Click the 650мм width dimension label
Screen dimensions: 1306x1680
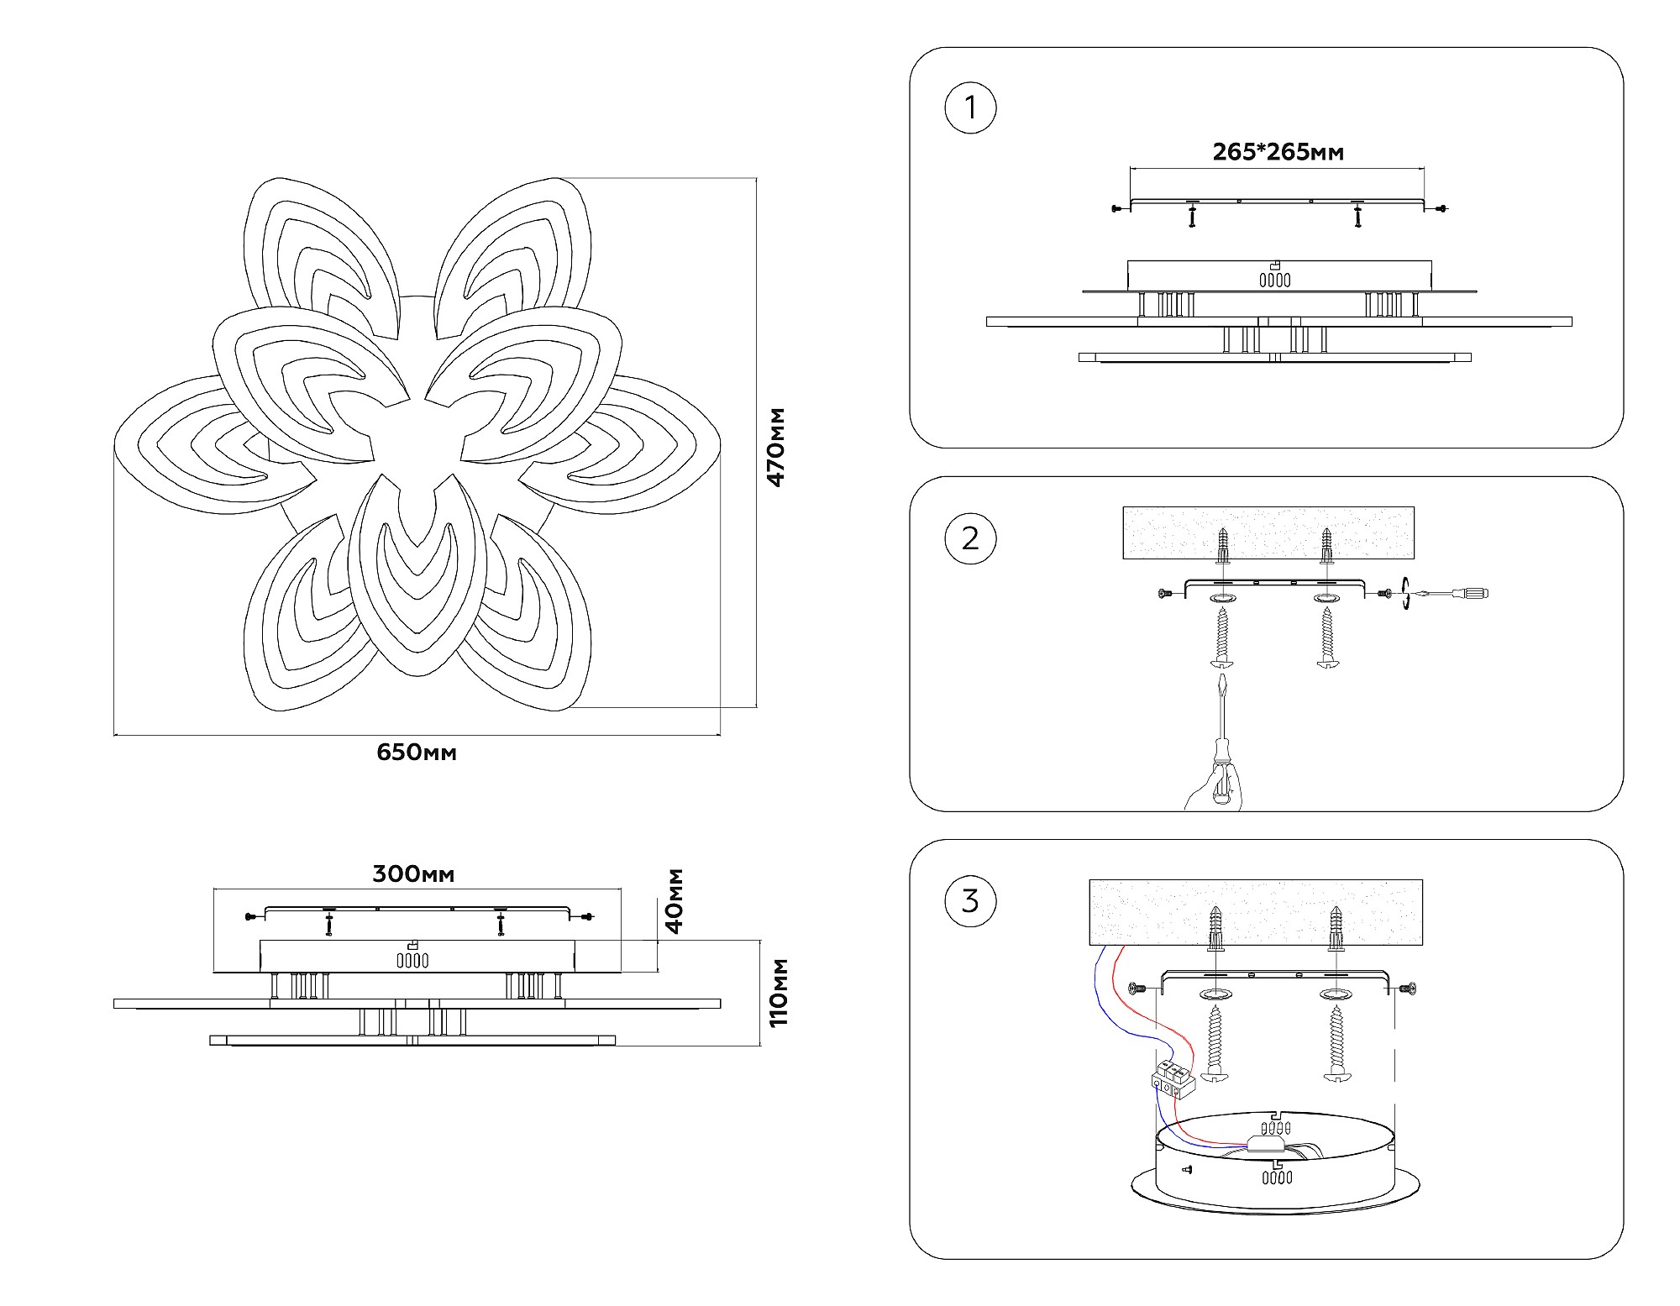point(417,753)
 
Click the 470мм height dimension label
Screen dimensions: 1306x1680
point(776,447)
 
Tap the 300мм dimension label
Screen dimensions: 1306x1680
point(413,874)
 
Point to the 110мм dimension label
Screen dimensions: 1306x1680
point(778,991)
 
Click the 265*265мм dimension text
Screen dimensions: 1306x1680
point(1278,152)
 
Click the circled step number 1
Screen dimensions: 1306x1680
point(970,108)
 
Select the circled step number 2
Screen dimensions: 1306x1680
point(970,538)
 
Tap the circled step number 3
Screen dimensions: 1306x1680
point(970,901)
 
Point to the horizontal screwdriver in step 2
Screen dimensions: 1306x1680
point(1453,594)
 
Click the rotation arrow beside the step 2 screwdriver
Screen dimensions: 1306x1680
point(1405,594)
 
